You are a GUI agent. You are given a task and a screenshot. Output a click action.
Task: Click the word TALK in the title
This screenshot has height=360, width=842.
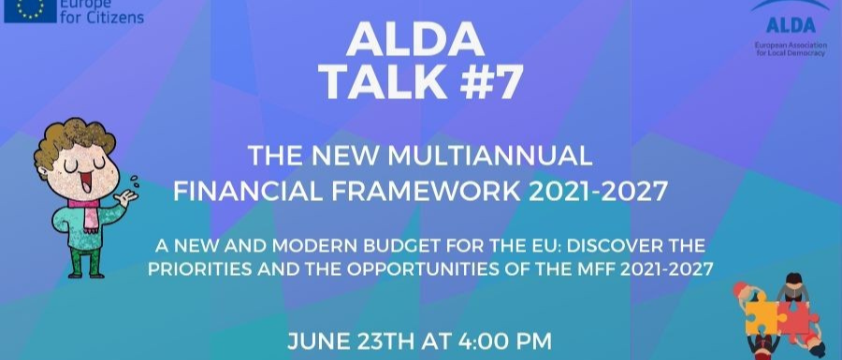[383, 83]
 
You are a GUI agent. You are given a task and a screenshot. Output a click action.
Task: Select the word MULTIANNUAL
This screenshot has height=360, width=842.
[489, 155]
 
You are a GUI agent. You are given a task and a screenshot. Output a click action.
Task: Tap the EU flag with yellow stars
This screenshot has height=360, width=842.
[30, 10]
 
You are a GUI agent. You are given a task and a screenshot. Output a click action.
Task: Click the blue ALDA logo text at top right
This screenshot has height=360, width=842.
[791, 24]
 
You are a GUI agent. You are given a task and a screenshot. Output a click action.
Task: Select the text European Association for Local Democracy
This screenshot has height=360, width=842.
[791, 50]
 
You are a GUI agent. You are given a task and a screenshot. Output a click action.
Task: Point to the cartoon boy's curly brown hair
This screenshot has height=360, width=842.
[75, 141]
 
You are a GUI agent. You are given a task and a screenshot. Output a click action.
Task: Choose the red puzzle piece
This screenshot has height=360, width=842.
[798, 318]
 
